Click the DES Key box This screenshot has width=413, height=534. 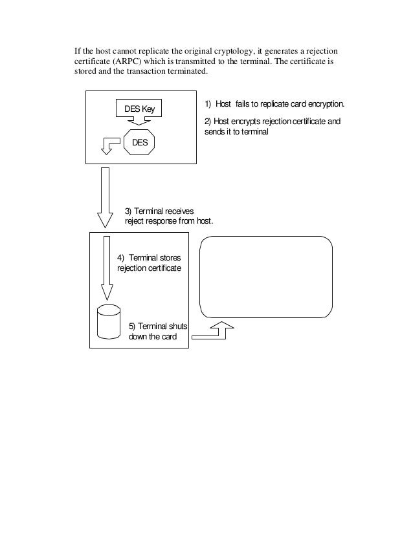pos(139,109)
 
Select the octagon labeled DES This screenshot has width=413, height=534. pos(140,142)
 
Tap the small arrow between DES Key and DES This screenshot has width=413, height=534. pos(139,122)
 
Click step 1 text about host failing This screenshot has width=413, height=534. pos(275,104)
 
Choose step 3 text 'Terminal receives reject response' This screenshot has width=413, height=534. pos(168,216)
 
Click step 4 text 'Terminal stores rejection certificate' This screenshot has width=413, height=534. pos(149,262)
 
